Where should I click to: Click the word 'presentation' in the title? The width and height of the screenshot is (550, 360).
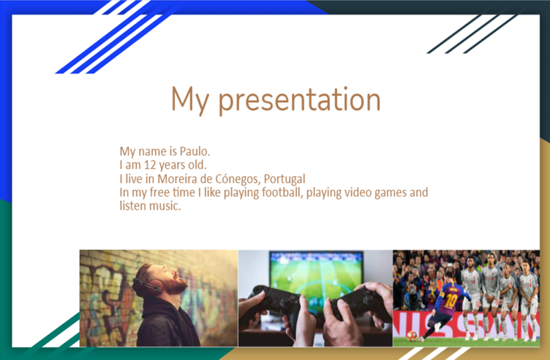[299, 100]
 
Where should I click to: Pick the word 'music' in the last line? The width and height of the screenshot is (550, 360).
[163, 206]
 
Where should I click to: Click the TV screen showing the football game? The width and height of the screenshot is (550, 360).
[316, 271]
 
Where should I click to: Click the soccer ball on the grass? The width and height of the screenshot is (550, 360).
[411, 336]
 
